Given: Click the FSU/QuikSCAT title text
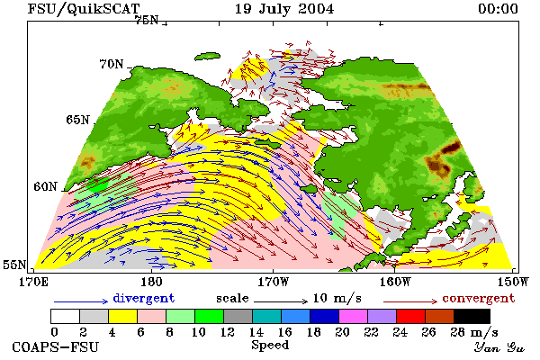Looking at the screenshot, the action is tap(84, 9).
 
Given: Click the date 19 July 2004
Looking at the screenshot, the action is tap(284, 9).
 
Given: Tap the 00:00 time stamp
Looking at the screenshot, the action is tap(498, 9).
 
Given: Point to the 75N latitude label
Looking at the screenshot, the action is tap(147, 21).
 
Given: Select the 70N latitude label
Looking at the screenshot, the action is tap(112, 64).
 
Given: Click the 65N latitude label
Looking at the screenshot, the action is tap(77, 120).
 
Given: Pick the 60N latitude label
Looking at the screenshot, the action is tap(45, 186).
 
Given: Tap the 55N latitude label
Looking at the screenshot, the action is tap(14, 265).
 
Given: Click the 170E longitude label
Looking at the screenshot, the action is tap(34, 282).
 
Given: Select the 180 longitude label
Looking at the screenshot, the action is tap(151, 282).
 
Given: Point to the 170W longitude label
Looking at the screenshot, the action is tap(274, 282).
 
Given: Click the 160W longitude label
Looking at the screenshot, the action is tap(395, 282).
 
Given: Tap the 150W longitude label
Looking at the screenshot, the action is tap(513, 282).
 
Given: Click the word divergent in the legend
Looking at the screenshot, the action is tap(144, 298).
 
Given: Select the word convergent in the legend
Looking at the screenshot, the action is tap(479, 298).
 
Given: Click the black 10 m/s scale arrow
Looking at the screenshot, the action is tap(281, 301).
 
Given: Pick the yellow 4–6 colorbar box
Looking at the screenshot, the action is tap(122, 316).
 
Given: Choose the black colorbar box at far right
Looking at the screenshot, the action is tap(472, 316).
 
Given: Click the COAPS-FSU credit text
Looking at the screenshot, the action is tap(56, 346).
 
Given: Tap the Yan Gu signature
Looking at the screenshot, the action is tap(499, 347).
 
